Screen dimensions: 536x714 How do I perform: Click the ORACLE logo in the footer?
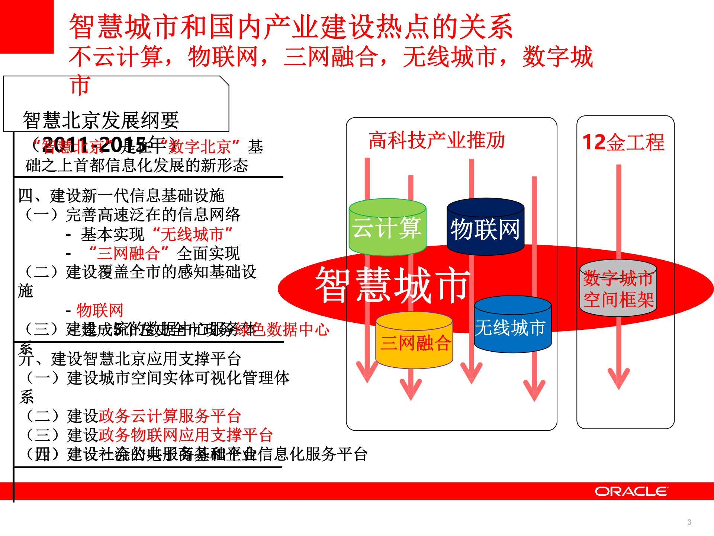pos(631,492)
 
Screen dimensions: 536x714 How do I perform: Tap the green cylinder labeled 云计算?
pos(387,228)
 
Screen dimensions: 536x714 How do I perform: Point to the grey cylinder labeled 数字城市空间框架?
pos(618,289)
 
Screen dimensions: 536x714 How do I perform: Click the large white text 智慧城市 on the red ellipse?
pos(392,285)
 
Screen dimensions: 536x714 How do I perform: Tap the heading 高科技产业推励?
pos(437,141)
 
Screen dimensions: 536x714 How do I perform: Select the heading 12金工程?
pos(623,142)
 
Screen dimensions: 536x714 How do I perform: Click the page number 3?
pos(689,522)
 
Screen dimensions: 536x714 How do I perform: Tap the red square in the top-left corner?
pos(26,26)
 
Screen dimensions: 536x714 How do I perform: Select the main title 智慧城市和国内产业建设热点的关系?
pos(291,27)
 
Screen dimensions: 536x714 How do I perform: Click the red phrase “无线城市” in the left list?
pos(193,234)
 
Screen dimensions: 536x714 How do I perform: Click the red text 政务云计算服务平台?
pos(170,416)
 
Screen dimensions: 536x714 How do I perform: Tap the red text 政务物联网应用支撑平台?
pos(186,435)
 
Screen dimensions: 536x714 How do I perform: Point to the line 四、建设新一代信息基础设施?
pos(122,195)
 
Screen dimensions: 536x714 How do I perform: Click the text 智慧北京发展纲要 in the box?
pos(101,120)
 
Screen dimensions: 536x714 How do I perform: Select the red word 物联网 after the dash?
pos(99,310)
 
